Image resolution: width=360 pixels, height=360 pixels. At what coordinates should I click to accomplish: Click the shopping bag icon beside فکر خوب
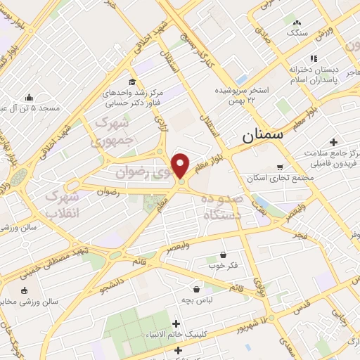click(x=224, y=255)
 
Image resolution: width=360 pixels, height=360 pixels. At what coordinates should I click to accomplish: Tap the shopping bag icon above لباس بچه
click(x=195, y=288)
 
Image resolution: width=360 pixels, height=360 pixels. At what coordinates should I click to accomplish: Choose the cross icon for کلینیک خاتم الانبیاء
click(x=175, y=323)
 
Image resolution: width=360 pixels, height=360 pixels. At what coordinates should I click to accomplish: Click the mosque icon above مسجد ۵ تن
click(x=29, y=97)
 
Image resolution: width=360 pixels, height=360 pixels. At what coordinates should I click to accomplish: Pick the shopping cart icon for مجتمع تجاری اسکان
click(x=280, y=167)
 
